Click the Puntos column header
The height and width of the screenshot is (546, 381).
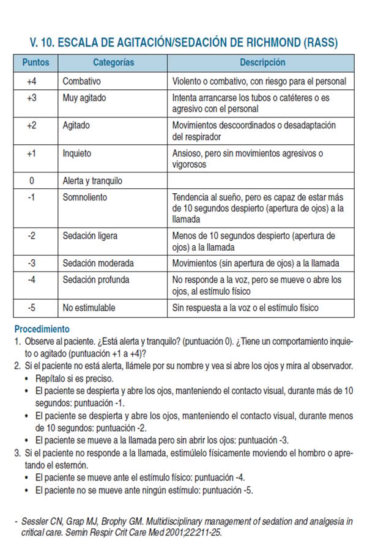(35, 63)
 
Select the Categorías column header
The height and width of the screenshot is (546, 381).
(113, 63)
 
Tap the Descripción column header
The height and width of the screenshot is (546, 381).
(262, 63)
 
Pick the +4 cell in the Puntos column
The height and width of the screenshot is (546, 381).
(32, 81)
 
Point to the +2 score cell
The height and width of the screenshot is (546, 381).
(32, 125)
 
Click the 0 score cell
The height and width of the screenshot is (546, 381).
(32, 181)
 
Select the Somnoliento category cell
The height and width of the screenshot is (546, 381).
(85, 197)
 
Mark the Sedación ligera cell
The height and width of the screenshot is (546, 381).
(91, 235)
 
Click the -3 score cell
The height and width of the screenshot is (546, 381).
(32, 264)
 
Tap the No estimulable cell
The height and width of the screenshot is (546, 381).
(89, 308)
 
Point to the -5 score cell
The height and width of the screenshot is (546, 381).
(32, 308)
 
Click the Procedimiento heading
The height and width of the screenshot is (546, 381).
(42, 329)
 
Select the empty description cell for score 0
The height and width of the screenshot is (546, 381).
(261, 181)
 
